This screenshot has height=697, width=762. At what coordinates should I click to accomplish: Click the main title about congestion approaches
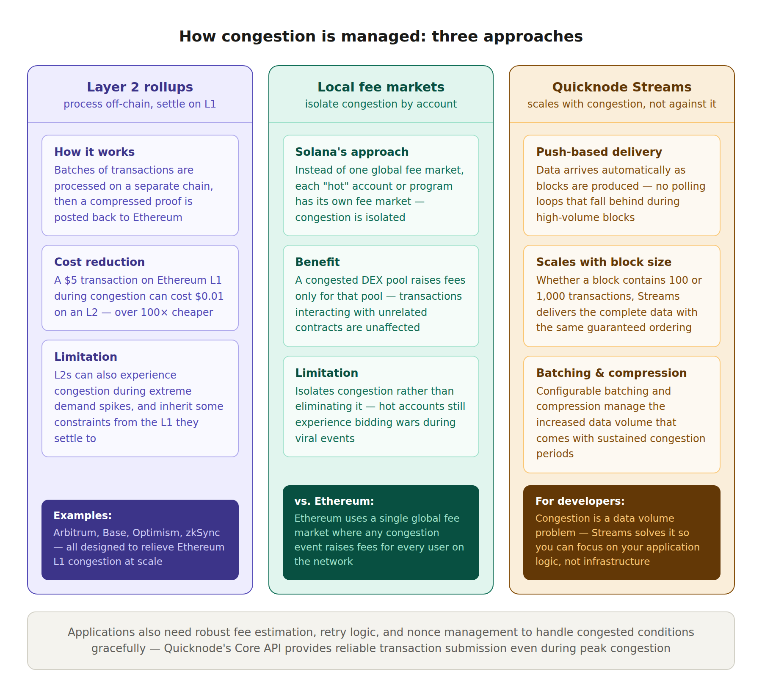point(381,36)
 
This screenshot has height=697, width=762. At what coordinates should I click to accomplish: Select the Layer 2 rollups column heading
point(140,87)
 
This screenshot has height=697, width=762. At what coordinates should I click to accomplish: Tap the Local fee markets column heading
point(381,87)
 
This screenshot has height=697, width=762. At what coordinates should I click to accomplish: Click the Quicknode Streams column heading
point(621,87)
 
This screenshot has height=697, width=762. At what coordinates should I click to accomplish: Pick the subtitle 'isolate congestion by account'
point(381,104)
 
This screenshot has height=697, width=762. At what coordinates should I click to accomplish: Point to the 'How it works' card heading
point(94,152)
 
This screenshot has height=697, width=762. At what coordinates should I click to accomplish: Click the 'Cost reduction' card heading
point(99,262)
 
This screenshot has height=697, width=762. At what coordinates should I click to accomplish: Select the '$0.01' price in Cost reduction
point(209,296)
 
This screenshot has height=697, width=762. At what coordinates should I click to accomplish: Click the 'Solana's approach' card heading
point(352,152)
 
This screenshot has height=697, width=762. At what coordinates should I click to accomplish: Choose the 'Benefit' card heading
point(317,262)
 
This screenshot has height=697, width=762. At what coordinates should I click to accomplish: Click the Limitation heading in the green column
point(326,373)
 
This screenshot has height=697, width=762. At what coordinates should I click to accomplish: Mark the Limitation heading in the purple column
point(86,357)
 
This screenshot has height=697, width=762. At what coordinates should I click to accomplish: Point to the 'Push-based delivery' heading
point(599,152)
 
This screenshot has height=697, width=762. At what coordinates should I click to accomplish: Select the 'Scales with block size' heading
point(604,262)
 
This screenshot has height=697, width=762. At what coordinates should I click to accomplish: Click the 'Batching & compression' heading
point(611,373)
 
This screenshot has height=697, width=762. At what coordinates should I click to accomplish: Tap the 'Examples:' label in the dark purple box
point(83,516)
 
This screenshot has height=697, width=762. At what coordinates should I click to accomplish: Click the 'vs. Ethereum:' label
point(334,501)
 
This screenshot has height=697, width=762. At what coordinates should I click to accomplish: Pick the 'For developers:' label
point(580,501)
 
